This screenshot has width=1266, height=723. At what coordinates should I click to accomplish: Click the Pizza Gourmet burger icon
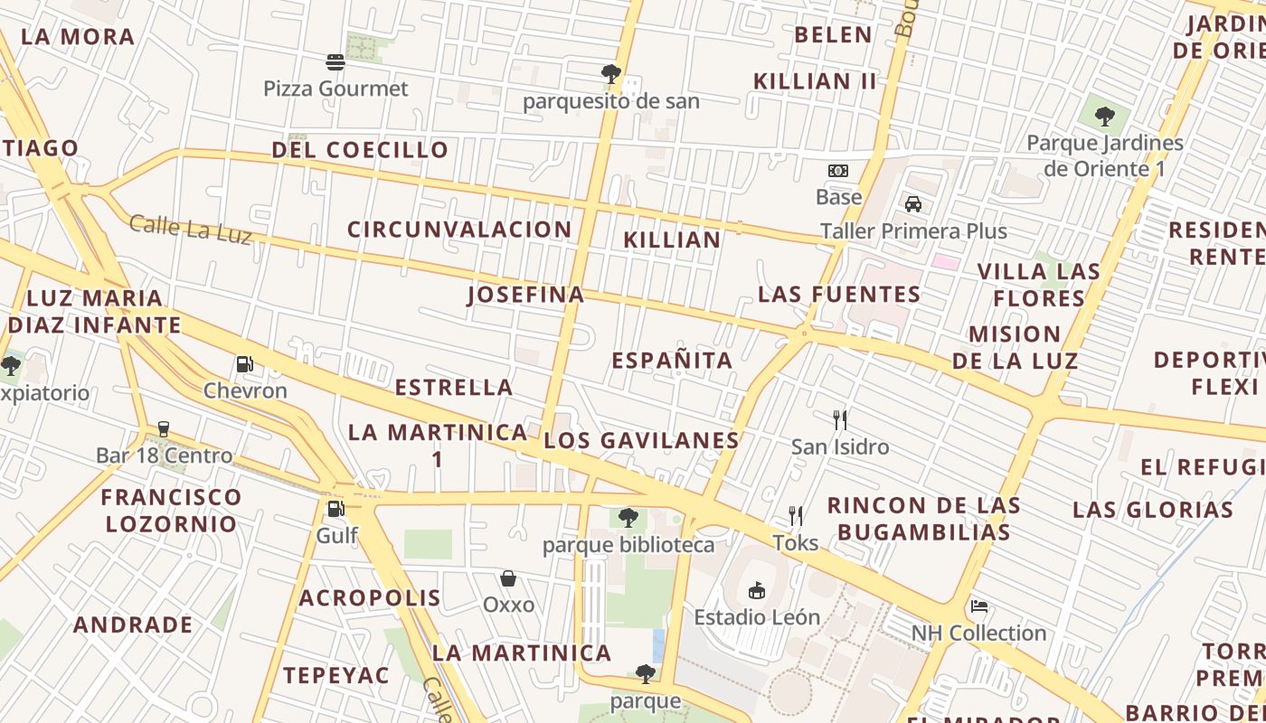pos(335,62)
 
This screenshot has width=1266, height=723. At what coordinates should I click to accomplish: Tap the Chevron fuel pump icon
pos(244,364)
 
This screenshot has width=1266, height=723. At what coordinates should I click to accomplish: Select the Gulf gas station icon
pos(335,509)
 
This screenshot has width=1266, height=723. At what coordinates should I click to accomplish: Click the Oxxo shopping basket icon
pos(508,578)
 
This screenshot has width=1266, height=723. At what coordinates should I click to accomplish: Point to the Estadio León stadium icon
pos(757,591)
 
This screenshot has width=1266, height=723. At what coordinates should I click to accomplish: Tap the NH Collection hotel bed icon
pos(978,606)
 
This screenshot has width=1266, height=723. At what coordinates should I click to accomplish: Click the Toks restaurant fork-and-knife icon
pos(796,516)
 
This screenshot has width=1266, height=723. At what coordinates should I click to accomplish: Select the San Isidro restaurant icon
pos(840,420)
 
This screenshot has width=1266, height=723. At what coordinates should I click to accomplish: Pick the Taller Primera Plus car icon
pos(913,204)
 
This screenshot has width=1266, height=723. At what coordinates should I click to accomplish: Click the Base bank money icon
pos(838,171)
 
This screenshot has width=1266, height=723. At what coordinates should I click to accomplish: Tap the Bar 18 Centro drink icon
pos(164,428)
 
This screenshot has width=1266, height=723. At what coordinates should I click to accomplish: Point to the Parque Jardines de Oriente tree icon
pos(1104,116)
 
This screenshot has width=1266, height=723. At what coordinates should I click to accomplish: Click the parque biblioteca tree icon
pos(628,518)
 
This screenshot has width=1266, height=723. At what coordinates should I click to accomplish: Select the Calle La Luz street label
pos(190,229)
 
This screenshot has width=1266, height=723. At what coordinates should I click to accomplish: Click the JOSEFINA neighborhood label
pos(526,295)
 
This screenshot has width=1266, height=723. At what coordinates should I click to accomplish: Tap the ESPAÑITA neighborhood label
pos(672,361)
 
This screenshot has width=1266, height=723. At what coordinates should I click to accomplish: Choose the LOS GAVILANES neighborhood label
pos(641,440)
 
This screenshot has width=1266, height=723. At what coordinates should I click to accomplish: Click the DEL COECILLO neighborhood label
pos(360,150)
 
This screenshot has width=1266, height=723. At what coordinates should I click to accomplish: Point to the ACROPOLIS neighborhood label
pos(370,597)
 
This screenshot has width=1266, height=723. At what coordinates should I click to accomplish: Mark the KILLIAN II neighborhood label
pos(815,81)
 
